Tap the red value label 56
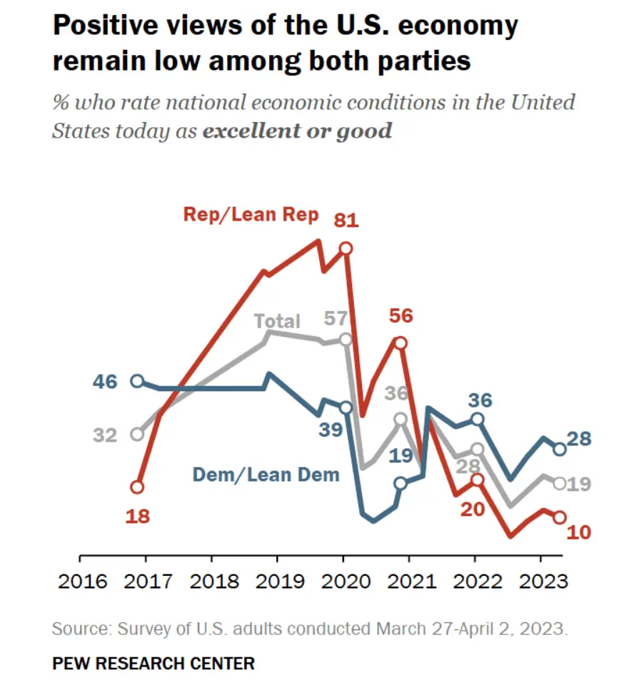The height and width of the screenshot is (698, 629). coord(401,315)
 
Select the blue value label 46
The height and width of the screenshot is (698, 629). coord(104,381)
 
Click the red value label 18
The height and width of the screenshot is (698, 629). coord(137,515)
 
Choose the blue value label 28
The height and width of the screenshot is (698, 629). coord(580,439)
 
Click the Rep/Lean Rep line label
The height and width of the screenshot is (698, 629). coord(251,215)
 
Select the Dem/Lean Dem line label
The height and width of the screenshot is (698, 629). coord(266,473)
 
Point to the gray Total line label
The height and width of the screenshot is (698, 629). coord(278,321)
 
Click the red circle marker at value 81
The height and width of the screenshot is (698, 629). coord(346,248)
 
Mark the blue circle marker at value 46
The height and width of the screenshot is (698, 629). coord(137,381)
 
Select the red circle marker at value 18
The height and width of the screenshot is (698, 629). coord(137,487)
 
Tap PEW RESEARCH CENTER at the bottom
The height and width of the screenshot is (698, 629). coord(154,664)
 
